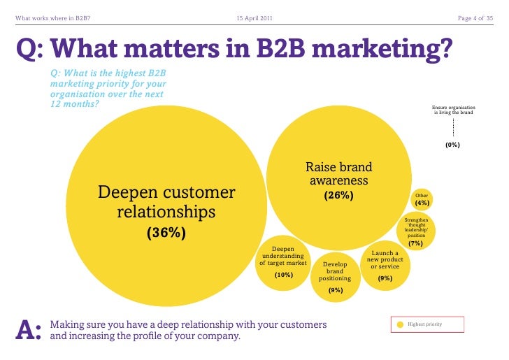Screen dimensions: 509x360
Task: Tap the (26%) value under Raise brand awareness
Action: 338,196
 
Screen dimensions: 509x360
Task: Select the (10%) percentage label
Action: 283,275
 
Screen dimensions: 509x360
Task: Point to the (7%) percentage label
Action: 415,243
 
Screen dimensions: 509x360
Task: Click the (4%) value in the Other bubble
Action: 422,203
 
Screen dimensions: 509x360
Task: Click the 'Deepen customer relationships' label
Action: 166,201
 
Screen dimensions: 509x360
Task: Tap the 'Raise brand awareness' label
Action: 339,174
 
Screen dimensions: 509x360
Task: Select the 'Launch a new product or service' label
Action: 385,259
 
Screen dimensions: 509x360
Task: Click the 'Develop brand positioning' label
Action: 335,271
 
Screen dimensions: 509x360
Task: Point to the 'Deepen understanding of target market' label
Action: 283,256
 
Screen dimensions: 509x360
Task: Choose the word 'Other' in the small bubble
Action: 422,196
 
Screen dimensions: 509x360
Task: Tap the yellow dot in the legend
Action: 400,325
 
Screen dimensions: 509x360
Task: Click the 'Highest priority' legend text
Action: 424,325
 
